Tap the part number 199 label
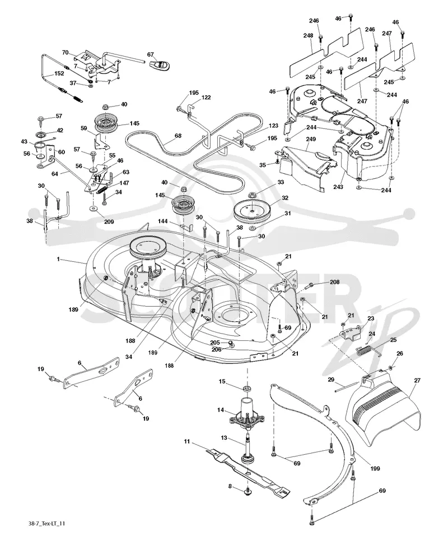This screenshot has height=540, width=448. (x=375, y=468)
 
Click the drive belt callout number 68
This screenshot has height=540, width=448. (x=178, y=136)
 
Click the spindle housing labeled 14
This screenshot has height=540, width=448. (x=247, y=414)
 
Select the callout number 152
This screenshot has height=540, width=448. (x=59, y=73)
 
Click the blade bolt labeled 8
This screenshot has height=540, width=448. (x=247, y=491)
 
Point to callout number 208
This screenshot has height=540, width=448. (x=334, y=282)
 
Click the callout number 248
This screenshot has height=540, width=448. (x=308, y=35)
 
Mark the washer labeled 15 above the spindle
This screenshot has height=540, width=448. (x=247, y=389)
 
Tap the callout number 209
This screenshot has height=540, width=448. (x=109, y=221)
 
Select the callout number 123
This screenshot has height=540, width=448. (x=273, y=126)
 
